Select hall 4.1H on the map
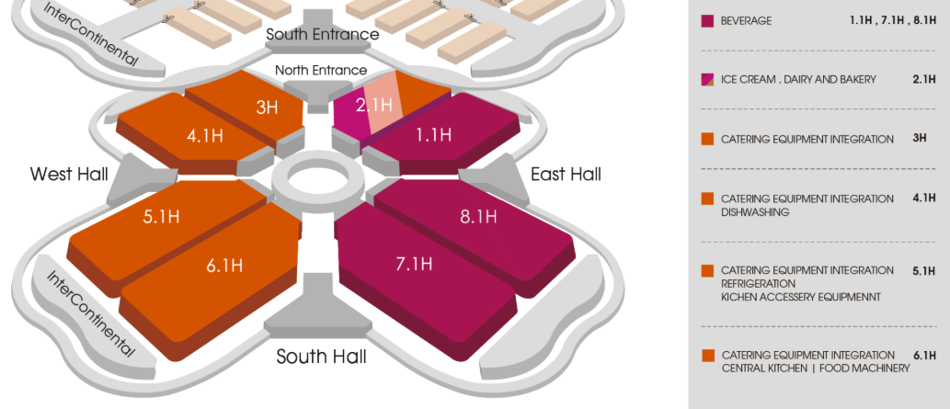[204, 136]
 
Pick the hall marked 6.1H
[224, 266]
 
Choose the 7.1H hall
[414, 264]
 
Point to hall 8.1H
[477, 217]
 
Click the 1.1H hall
[432, 135]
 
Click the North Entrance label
[321, 71]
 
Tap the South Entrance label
[322, 35]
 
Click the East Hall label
[566, 173]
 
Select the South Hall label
[321, 356]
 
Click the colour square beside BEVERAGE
[707, 21]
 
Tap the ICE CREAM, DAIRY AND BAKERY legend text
[798, 80]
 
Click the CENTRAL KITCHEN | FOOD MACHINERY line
[815, 369]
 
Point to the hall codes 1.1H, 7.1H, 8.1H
[892, 20]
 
